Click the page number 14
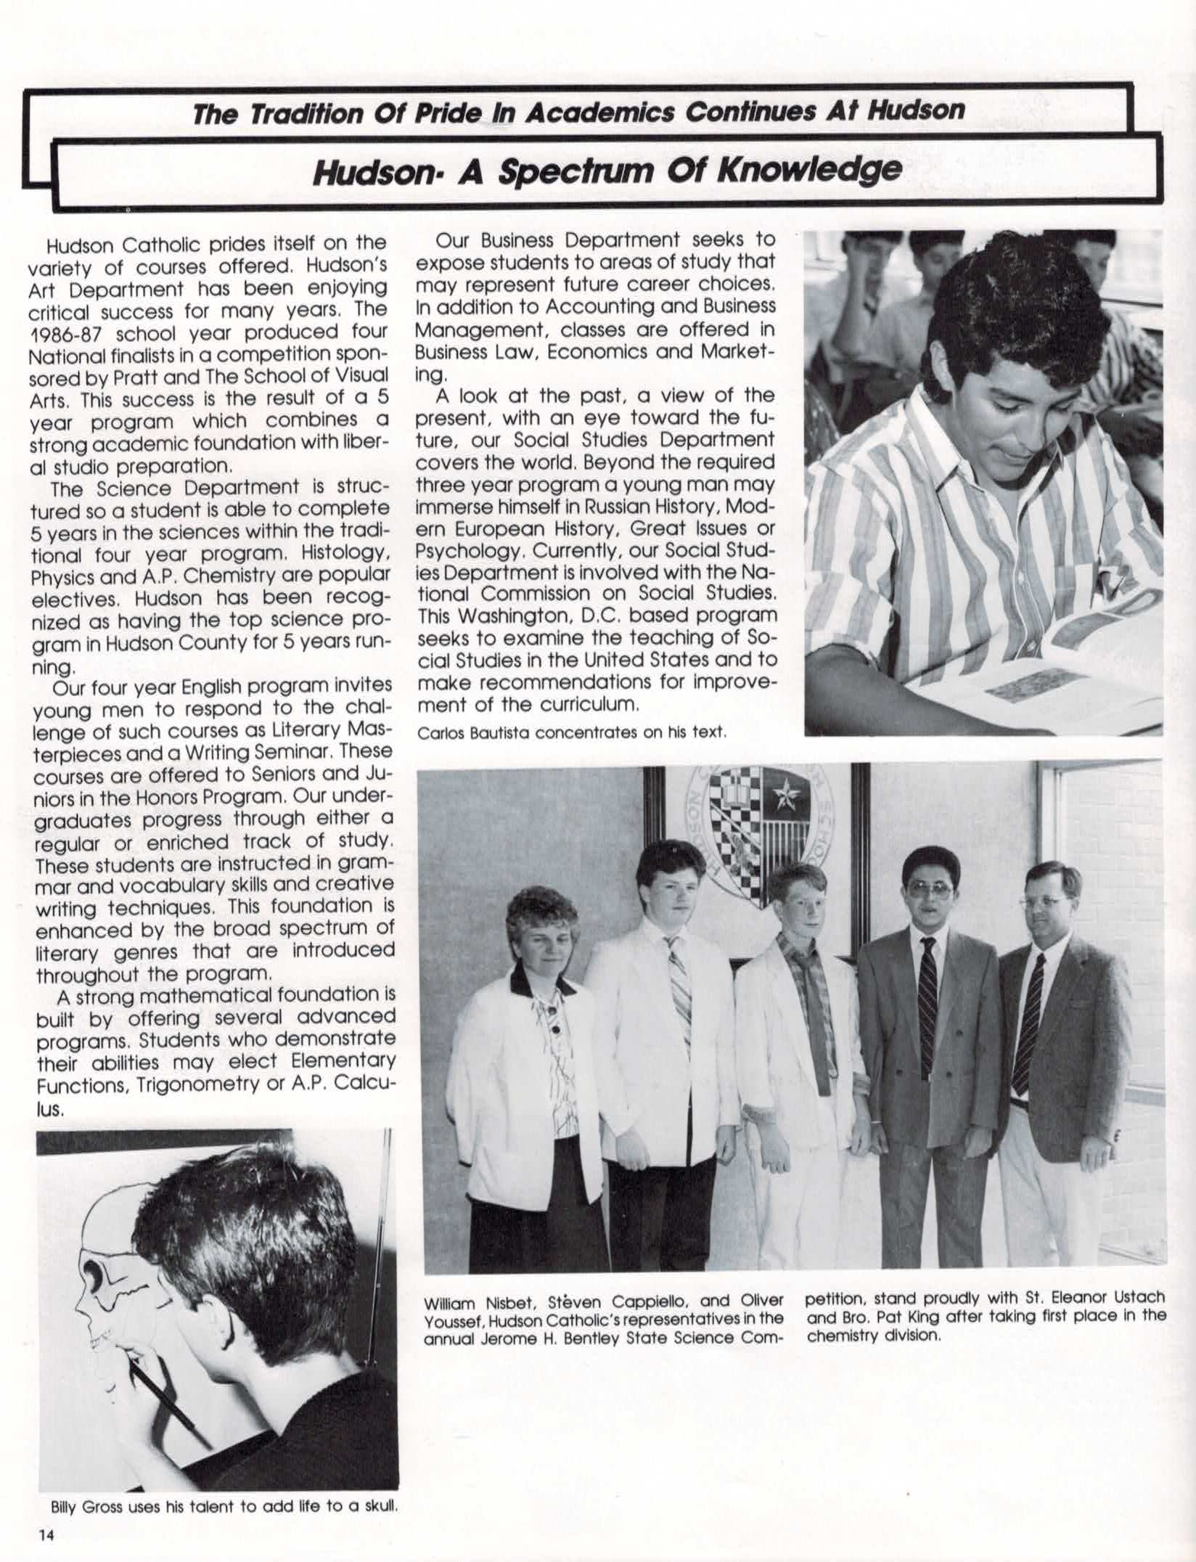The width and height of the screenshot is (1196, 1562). [x=47, y=1534]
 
